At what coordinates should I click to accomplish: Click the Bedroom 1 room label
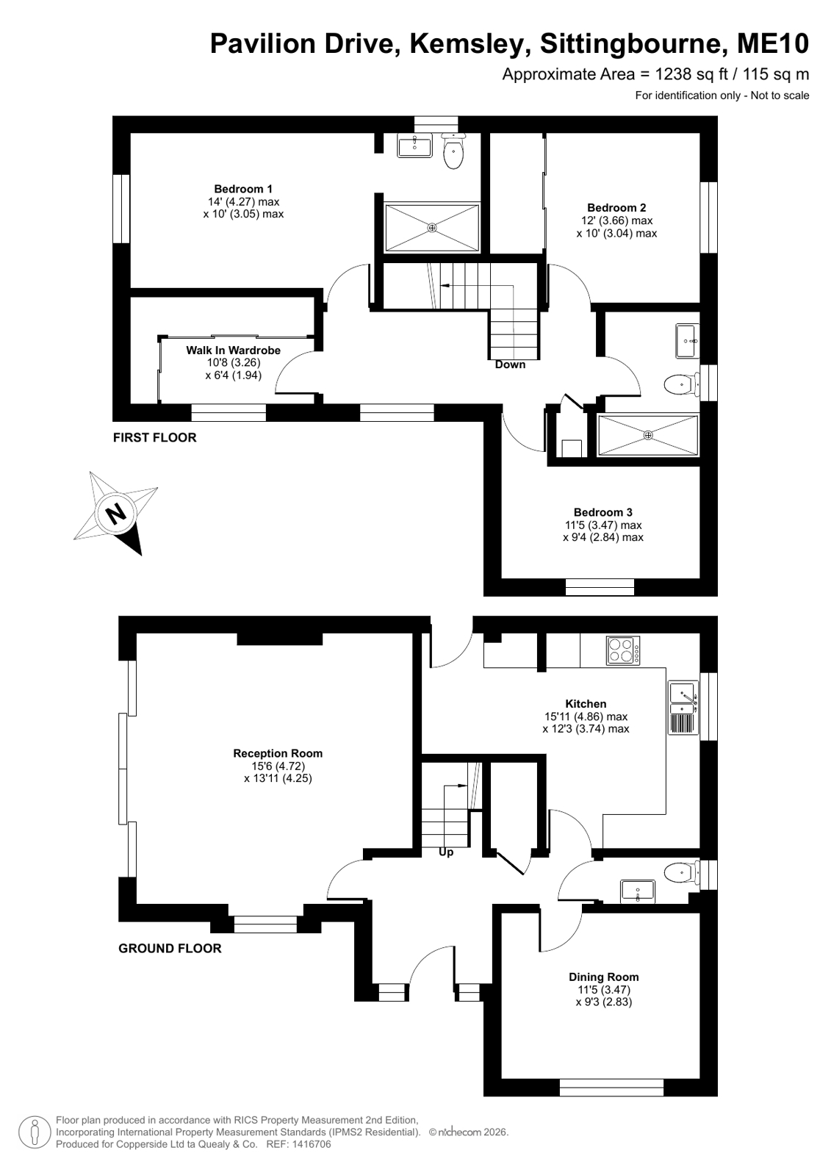point(243,189)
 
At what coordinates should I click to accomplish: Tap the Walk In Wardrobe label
point(233,350)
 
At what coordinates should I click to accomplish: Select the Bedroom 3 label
point(602,512)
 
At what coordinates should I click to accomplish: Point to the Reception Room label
point(278,753)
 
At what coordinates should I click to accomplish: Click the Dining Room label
point(603,977)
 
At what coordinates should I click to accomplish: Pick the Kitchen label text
point(586,704)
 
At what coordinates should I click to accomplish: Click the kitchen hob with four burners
point(623,650)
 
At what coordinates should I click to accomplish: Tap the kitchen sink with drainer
point(683,707)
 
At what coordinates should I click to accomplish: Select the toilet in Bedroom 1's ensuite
point(453,151)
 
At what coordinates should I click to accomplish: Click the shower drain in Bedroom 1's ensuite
point(432,228)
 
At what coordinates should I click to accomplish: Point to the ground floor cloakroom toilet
point(682,874)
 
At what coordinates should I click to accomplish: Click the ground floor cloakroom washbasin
point(638,892)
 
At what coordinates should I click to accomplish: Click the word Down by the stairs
point(510,364)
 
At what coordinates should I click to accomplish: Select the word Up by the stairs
point(446,852)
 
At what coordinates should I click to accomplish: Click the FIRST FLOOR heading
point(155,437)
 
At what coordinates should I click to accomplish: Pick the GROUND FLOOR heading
point(170,949)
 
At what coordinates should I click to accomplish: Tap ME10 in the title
point(773,43)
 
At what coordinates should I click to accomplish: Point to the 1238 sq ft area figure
point(692,74)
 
